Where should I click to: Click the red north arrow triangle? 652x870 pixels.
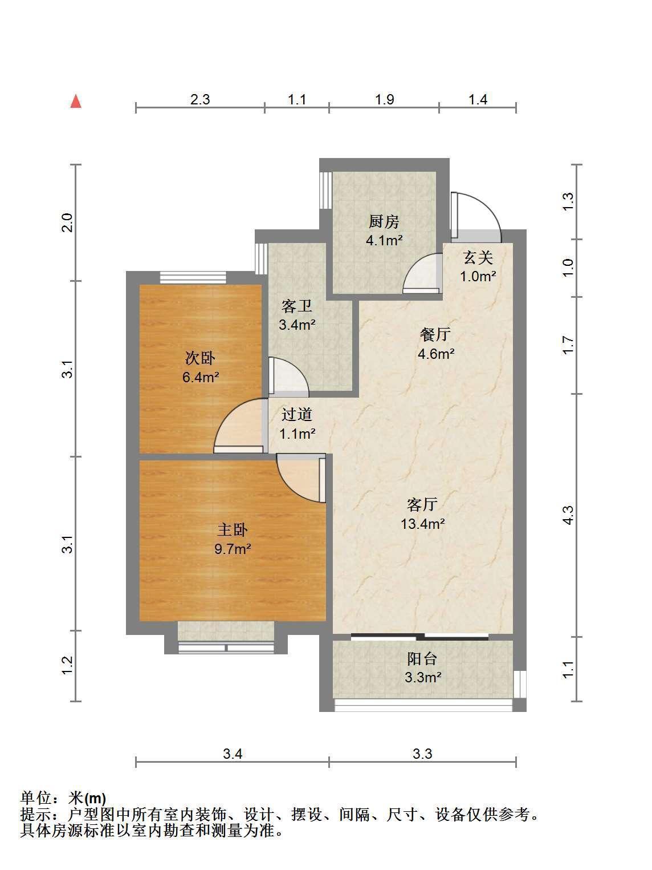[x=76, y=102]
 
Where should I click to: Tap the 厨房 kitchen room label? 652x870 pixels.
[x=384, y=221]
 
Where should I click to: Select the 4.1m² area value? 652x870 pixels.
[x=384, y=240]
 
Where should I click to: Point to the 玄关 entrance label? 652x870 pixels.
[x=478, y=258]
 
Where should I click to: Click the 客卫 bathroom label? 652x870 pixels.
[x=296, y=306]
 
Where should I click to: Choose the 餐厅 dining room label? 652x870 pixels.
[x=435, y=334]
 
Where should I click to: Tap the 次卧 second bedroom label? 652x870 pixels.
[x=200, y=358]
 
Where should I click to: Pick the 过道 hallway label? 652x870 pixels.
[x=296, y=415]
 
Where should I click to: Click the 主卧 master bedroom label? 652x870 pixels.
[x=233, y=530]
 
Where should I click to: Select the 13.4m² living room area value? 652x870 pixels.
[x=423, y=524]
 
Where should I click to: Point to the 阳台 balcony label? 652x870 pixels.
[x=422, y=659]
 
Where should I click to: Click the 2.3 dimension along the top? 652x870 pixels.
[x=200, y=99]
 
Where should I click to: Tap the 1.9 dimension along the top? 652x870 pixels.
[x=384, y=99]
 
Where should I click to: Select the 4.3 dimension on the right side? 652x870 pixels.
[x=568, y=515]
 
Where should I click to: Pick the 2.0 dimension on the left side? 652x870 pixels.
[x=68, y=222]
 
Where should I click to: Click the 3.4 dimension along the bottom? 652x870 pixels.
[x=233, y=754]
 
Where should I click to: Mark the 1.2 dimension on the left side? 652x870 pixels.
[x=68, y=665]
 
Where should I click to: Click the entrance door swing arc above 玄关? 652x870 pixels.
[x=487, y=207]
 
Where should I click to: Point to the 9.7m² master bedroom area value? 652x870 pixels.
[x=233, y=549]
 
